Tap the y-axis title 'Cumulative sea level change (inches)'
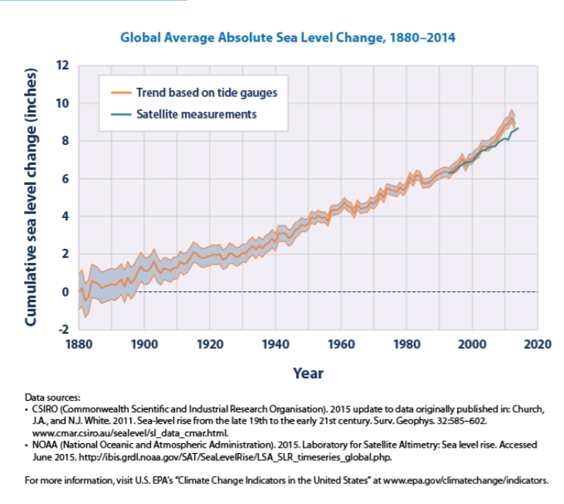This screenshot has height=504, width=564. pyautogui.click(x=32, y=197)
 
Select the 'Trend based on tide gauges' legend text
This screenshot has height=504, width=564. pyautogui.click(x=206, y=92)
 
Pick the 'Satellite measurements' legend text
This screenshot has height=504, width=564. pyautogui.click(x=196, y=114)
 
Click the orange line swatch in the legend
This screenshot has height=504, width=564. pyautogui.click(x=120, y=92)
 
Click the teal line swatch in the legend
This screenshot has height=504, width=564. pyautogui.click(x=120, y=114)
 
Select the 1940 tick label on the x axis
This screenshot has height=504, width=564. pyautogui.click(x=274, y=344)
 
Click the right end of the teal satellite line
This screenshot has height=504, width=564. pyautogui.click(x=519, y=128)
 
